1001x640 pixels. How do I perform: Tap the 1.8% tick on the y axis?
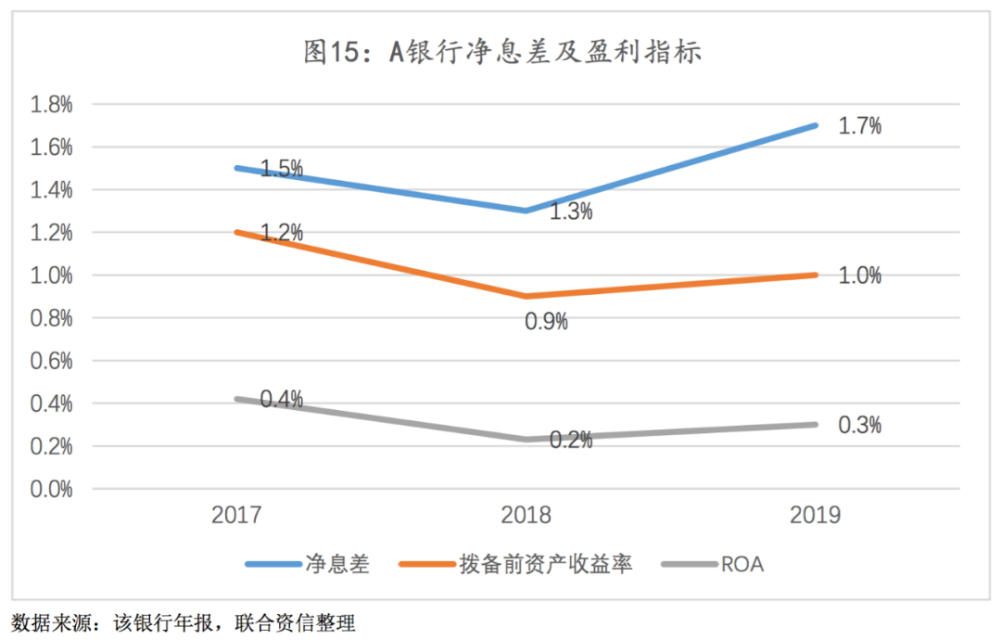[52, 105]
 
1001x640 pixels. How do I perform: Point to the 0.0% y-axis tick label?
[52, 489]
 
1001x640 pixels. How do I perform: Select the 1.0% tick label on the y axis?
[52, 275]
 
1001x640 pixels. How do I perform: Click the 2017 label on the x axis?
[236, 516]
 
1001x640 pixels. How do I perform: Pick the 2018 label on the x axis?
[526, 516]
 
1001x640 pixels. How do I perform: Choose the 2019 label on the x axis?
[817, 516]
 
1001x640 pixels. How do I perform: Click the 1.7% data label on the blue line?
[859, 126]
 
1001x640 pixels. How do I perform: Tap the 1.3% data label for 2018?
[571, 212]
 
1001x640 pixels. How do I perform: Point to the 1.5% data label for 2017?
[281, 169]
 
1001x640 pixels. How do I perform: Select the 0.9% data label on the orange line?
[546, 322]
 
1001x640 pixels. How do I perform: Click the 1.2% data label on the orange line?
[281, 233]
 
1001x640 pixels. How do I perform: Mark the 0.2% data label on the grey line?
[571, 441]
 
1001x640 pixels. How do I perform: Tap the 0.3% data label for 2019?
[859, 425]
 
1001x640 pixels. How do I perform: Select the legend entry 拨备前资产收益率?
[546, 565]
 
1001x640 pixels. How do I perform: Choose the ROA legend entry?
[741, 565]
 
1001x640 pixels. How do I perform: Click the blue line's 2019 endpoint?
[817, 125]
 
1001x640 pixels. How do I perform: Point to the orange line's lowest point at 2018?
[526, 296]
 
